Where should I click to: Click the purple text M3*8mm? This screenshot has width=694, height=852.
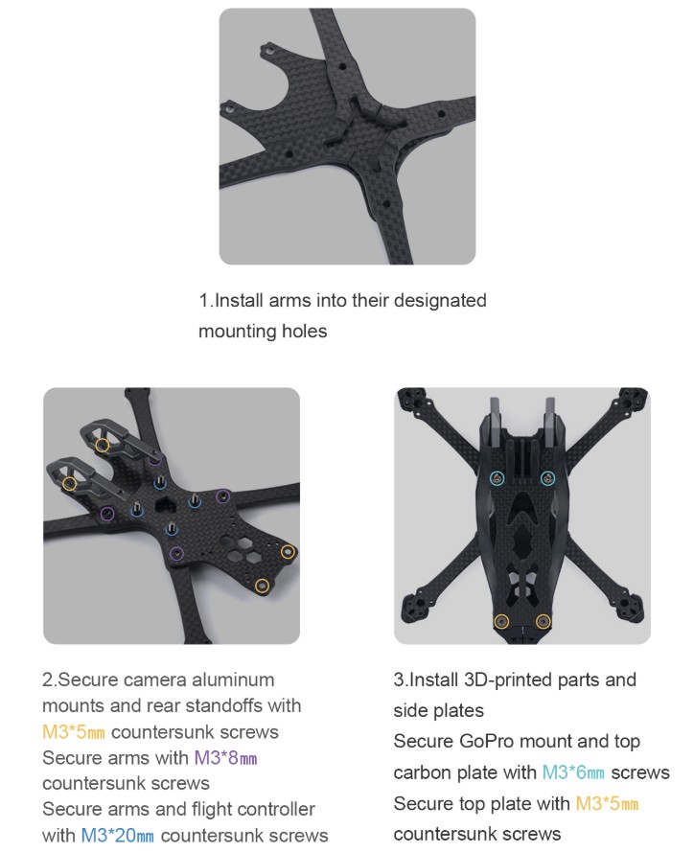click(225, 757)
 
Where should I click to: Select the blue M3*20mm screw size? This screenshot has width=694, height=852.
click(117, 835)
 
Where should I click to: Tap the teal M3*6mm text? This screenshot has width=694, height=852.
click(573, 772)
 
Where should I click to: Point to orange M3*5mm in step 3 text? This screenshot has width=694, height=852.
click(607, 803)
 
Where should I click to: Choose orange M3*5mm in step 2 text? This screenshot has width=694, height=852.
click(74, 732)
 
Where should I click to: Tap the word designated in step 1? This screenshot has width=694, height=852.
click(440, 301)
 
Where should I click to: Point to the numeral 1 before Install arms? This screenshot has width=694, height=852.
click(203, 301)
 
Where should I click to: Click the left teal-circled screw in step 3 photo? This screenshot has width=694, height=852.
click(497, 478)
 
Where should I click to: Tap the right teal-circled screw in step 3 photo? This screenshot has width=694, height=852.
click(547, 478)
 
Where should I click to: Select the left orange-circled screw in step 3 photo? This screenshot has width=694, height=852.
click(501, 621)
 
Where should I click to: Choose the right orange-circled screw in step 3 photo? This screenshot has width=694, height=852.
click(544, 621)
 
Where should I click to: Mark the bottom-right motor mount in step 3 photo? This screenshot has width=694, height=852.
click(630, 609)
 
